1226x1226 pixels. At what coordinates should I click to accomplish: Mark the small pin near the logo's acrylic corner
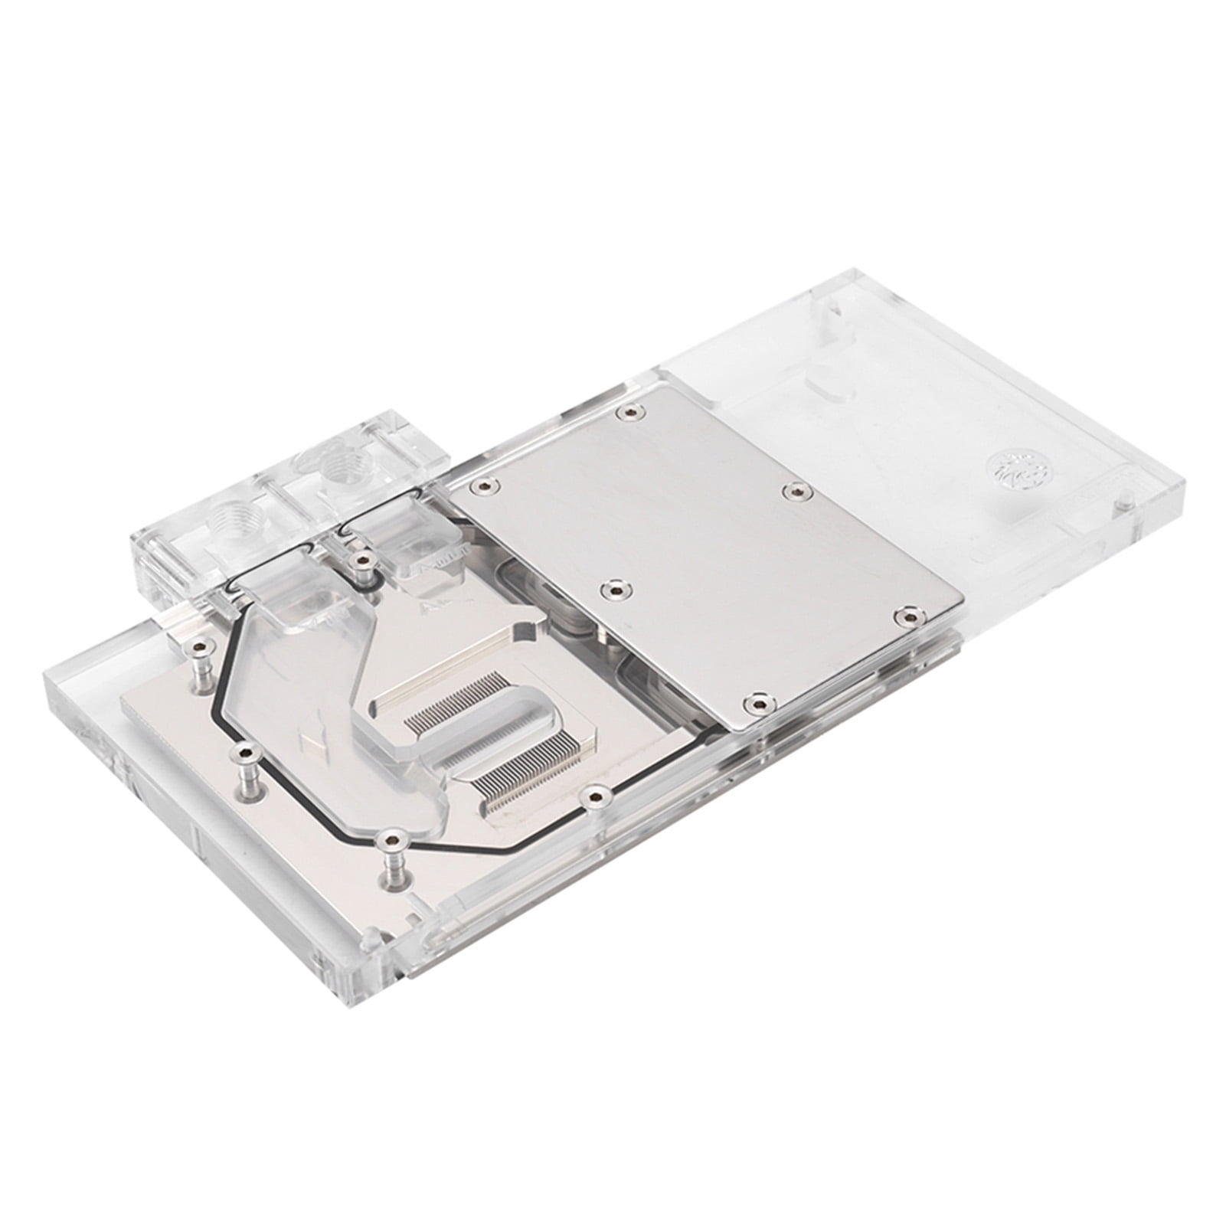coord(1123,502)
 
